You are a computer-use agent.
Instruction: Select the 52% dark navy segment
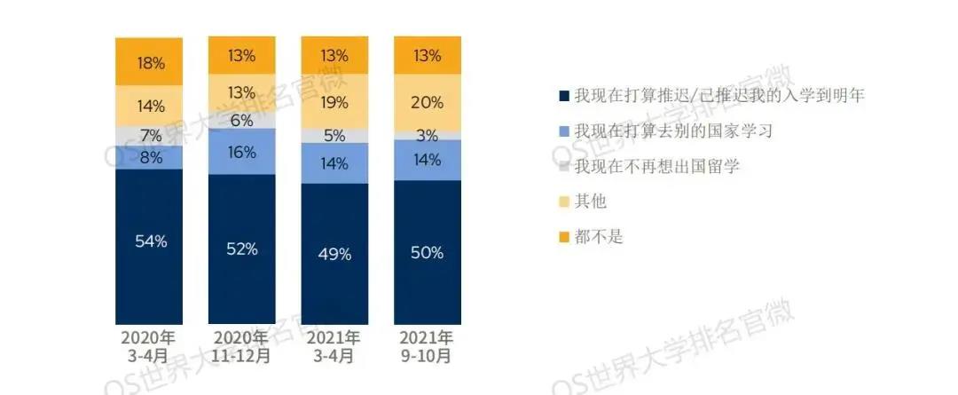click(241, 249)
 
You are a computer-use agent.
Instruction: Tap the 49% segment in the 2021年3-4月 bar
click(334, 254)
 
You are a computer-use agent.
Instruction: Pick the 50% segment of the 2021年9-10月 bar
click(427, 253)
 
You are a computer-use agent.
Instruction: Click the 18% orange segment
click(149, 62)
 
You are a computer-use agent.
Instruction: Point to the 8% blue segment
click(149, 157)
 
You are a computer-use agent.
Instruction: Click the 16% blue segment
click(241, 152)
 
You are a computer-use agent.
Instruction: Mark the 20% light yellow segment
click(427, 102)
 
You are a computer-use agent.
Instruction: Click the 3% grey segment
click(427, 135)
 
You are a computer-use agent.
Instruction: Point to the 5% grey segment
click(334, 136)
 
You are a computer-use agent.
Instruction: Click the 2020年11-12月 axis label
click(241, 346)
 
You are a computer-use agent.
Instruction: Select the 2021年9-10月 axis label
click(427, 346)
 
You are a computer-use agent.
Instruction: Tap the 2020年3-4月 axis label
click(149, 346)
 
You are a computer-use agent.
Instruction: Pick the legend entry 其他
click(590, 201)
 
